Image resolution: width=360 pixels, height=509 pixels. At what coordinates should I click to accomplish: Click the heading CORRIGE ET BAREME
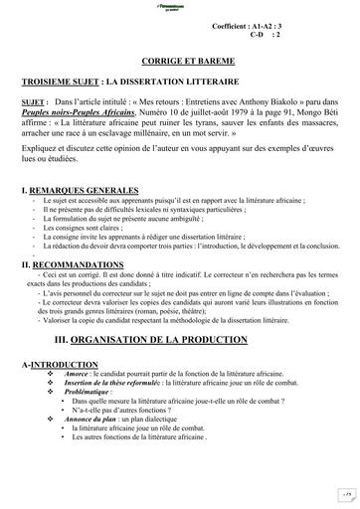[179, 61]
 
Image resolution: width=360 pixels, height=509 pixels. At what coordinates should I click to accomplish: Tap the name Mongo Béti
[308, 112]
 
